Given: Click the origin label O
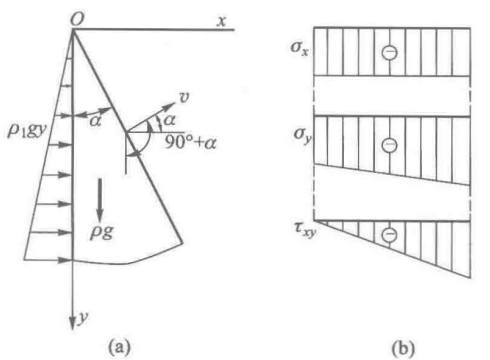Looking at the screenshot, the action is (x=77, y=19).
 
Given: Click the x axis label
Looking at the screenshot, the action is (x=221, y=21).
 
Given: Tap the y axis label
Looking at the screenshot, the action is (x=83, y=317).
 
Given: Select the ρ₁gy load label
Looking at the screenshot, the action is (x=26, y=130).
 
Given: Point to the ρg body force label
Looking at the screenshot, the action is (x=101, y=231).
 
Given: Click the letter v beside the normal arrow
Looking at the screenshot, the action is (x=184, y=97).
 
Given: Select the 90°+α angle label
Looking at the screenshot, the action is (x=190, y=143).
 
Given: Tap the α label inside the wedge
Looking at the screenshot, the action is (x=95, y=120).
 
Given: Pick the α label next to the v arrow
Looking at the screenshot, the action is (x=169, y=120).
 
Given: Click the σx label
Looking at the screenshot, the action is (x=299, y=48).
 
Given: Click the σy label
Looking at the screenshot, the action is (x=303, y=135).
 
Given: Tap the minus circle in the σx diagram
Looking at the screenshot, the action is (x=389, y=52).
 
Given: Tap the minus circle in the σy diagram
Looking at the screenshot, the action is (x=389, y=145).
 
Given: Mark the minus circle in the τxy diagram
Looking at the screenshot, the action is (x=389, y=234).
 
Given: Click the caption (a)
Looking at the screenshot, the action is (x=119, y=348).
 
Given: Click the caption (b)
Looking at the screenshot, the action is (x=403, y=349).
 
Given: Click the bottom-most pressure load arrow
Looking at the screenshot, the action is (x=48, y=260).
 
